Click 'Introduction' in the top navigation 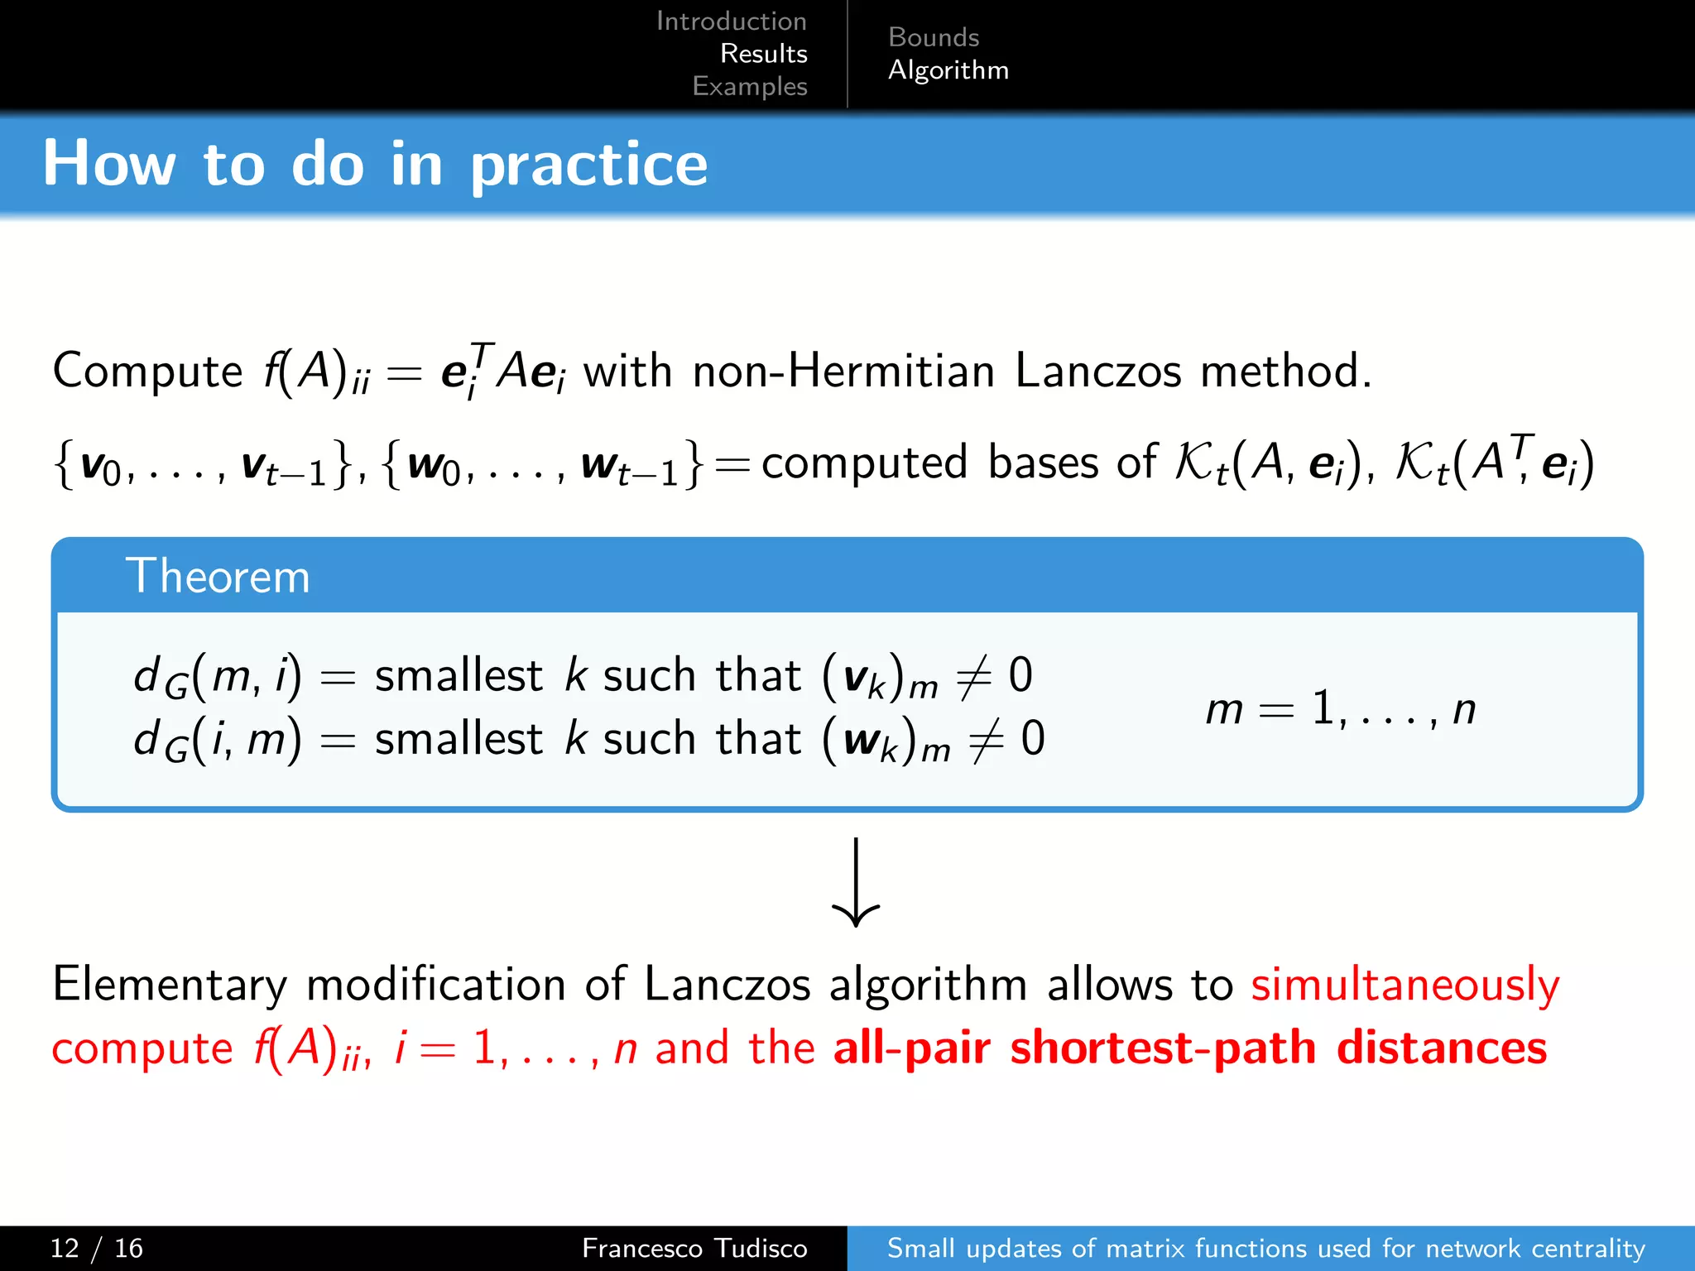pos(731,22)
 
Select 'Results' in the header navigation pos(763,54)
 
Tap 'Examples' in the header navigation pos(749,86)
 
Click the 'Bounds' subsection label pos(933,37)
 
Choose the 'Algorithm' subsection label pos(948,70)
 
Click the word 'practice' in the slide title pos(588,165)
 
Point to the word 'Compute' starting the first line pos(147,371)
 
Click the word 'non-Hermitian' pos(843,371)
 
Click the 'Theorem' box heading pos(218,576)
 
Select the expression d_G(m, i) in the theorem pos(217,677)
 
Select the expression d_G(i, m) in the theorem pos(217,739)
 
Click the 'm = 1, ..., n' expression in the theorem pos(1340,710)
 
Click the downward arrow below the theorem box pos(855,882)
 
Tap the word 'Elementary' pos(170,985)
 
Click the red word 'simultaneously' pos(1404,985)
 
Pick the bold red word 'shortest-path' pos(1163,1048)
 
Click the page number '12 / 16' pos(96,1248)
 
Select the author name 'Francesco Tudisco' pos(694,1248)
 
